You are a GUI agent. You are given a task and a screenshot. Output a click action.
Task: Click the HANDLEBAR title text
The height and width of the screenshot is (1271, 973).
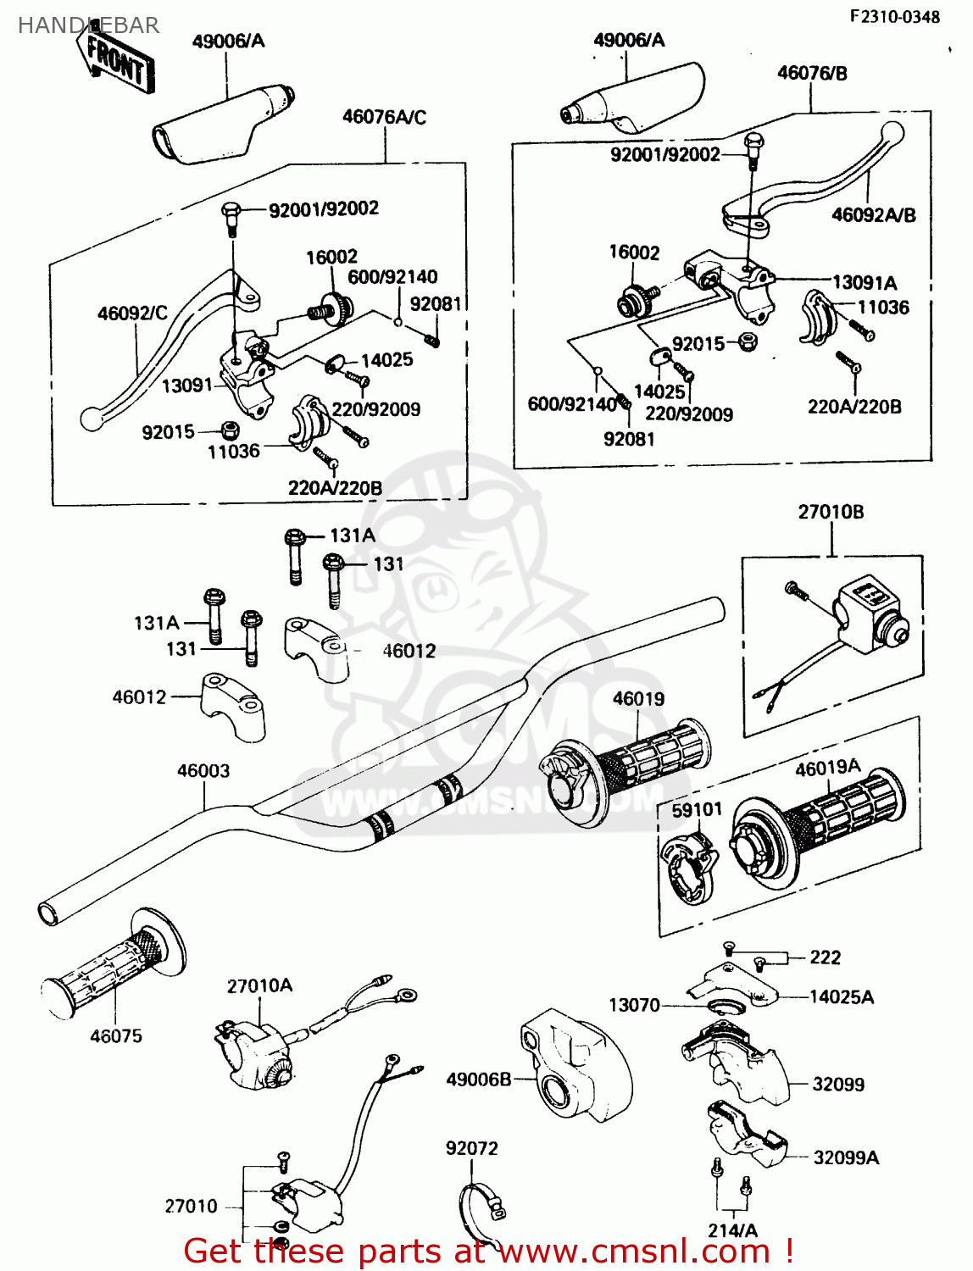tap(88, 25)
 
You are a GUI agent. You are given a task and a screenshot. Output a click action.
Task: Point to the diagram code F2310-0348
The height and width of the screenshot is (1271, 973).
tap(896, 17)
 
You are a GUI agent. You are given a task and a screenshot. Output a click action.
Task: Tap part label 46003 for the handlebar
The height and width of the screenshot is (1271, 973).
tap(203, 771)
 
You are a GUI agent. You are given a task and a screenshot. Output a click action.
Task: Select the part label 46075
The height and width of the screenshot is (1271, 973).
tap(116, 1036)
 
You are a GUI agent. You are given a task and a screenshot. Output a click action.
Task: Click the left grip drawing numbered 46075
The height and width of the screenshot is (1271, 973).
tap(110, 970)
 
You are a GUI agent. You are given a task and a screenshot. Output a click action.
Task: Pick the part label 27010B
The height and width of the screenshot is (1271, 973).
tap(831, 512)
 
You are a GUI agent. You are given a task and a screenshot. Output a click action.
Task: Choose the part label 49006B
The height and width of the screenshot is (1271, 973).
tap(479, 1080)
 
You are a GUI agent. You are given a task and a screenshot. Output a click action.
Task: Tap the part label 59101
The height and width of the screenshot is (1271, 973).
tap(697, 810)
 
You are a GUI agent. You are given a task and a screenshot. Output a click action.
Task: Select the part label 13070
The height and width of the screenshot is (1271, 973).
tap(634, 1005)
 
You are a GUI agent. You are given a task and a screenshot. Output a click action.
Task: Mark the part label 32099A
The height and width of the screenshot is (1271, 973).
tap(846, 1157)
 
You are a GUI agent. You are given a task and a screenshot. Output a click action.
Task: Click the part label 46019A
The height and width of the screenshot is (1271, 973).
tap(827, 768)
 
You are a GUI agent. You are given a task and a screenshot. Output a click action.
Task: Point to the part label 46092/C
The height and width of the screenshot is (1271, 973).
tap(132, 314)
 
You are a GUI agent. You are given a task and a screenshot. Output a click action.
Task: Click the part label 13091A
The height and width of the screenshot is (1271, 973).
tap(865, 283)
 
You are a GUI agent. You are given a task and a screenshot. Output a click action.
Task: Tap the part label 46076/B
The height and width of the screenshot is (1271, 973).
tap(812, 74)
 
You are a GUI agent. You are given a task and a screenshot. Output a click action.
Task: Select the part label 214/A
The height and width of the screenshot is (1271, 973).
tap(733, 1230)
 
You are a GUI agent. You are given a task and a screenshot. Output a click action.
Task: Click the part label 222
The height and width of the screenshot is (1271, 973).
tap(826, 957)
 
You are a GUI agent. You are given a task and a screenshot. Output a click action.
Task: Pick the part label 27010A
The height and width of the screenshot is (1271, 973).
tap(259, 986)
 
